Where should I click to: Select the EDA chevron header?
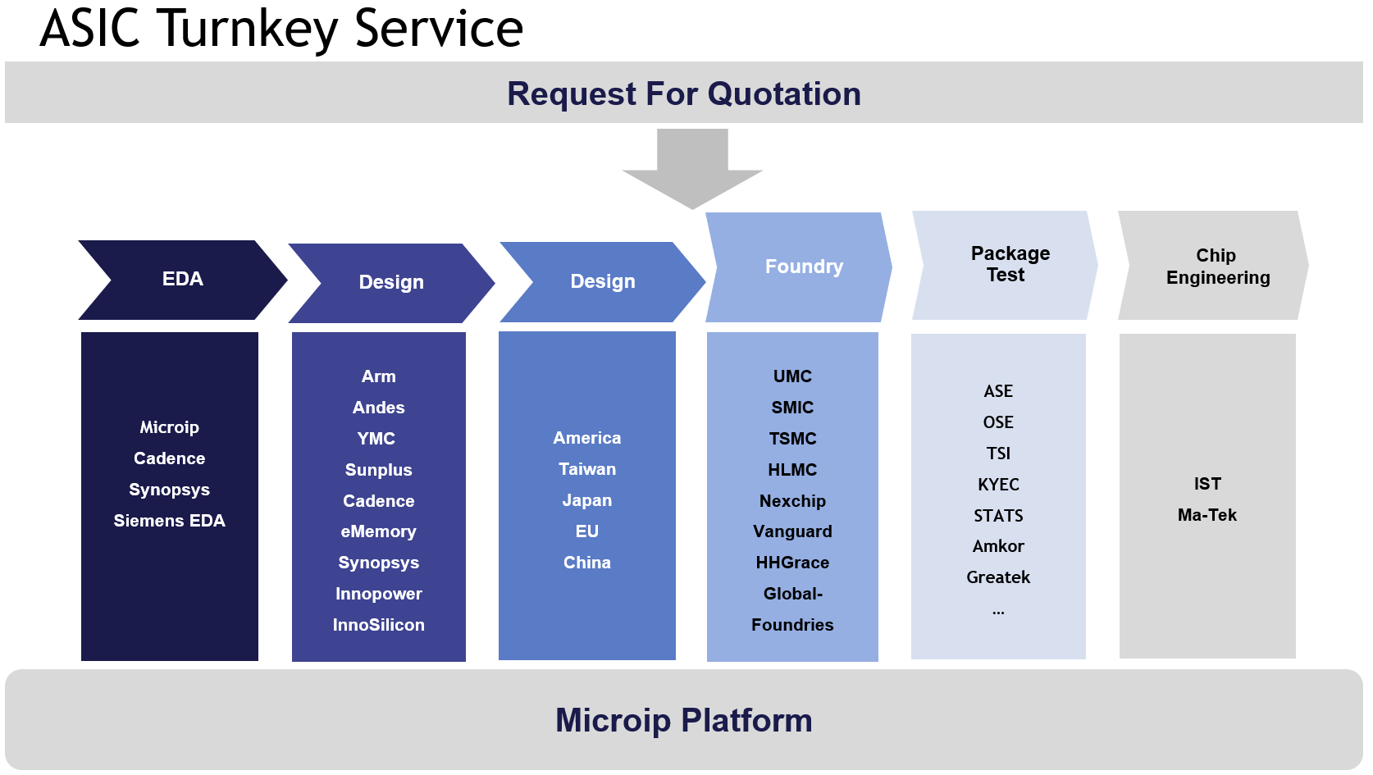tap(183, 280)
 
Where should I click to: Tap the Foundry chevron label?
tap(804, 267)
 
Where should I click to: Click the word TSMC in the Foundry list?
tap(792, 439)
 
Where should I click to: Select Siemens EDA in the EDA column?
tap(169, 521)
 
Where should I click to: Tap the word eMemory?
tap(378, 531)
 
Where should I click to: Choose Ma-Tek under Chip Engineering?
tap(1207, 515)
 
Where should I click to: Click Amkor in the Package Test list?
tap(998, 546)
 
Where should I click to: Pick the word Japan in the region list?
tap(586, 500)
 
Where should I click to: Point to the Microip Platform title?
tap(684, 721)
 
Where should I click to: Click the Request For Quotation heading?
tap(684, 93)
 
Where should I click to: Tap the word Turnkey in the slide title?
tap(249, 30)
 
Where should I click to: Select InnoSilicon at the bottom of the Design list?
tap(378, 625)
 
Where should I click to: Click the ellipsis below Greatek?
tap(998, 612)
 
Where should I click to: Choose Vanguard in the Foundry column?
tap(792, 531)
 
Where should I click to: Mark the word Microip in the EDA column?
tap(169, 427)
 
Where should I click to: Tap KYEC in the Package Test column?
tap(998, 485)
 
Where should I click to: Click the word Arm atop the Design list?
tap(378, 376)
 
